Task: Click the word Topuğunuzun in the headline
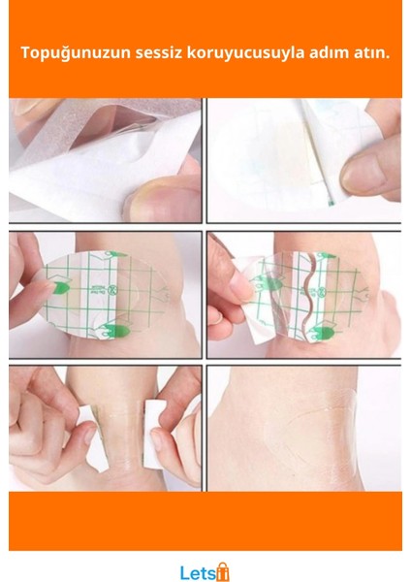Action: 76,53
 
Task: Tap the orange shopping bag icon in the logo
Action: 223,571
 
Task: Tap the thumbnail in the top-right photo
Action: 363,173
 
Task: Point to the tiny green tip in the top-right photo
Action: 332,203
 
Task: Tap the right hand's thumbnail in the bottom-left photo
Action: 156,440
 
